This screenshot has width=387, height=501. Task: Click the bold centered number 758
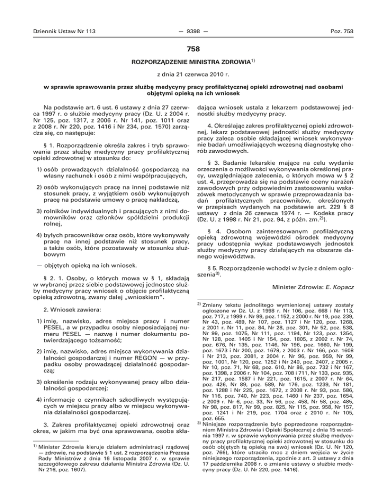pos(193,49)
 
